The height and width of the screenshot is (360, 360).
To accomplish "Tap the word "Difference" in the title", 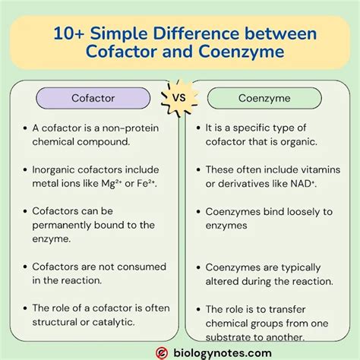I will pos(219,33).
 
